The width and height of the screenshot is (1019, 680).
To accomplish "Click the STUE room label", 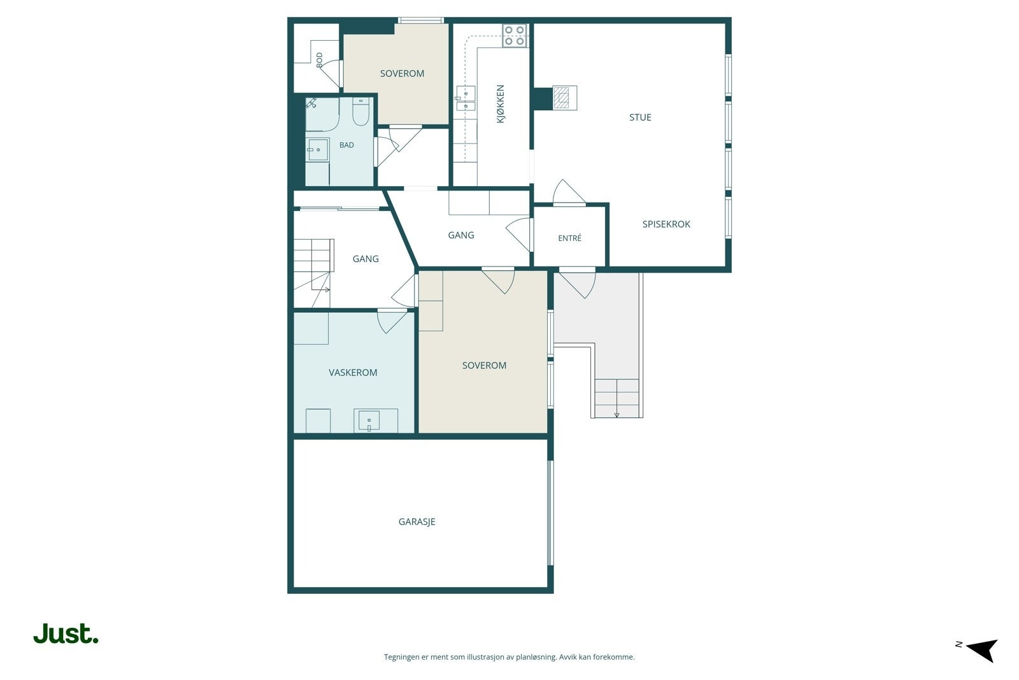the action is (x=640, y=117).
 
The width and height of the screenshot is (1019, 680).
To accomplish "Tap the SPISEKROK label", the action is (x=666, y=224).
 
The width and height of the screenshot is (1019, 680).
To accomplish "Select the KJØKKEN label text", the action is (x=501, y=104).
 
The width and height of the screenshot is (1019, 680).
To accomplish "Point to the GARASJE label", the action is (x=417, y=521).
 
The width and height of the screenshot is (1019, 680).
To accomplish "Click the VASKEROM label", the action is (x=353, y=372).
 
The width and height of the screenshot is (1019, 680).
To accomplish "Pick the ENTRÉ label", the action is (x=569, y=238).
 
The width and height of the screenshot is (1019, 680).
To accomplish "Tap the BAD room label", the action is (x=346, y=145).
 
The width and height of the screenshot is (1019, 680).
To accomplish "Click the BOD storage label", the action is (x=319, y=60).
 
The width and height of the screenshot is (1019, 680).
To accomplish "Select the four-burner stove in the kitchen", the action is (x=515, y=36).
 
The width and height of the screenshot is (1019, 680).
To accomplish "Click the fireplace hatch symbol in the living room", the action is (x=565, y=98).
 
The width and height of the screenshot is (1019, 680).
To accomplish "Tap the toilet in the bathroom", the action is (x=360, y=112).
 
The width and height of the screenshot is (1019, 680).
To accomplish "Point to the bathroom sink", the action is (x=318, y=150).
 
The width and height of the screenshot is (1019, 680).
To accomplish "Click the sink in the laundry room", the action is (x=369, y=421).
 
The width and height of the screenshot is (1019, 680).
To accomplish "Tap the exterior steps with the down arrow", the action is (x=617, y=398).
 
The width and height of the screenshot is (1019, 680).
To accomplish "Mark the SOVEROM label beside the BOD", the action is (x=402, y=73).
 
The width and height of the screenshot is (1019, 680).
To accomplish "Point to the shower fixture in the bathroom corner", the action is (x=311, y=103).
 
